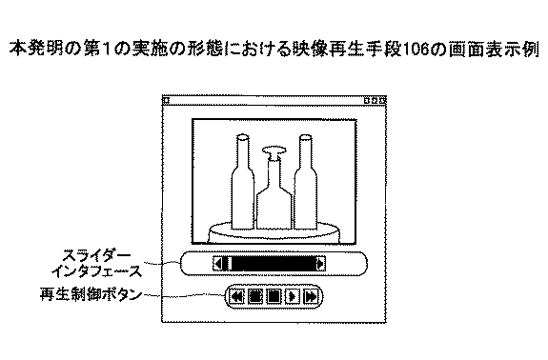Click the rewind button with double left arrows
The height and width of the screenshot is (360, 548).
(x=236, y=296)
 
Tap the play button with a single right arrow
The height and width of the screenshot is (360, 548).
(x=292, y=296)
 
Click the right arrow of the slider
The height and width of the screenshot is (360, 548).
(x=321, y=264)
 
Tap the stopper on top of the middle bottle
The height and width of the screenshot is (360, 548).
(x=274, y=151)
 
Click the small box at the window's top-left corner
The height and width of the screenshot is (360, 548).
(x=166, y=99)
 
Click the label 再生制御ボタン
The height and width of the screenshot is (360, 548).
(x=91, y=295)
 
